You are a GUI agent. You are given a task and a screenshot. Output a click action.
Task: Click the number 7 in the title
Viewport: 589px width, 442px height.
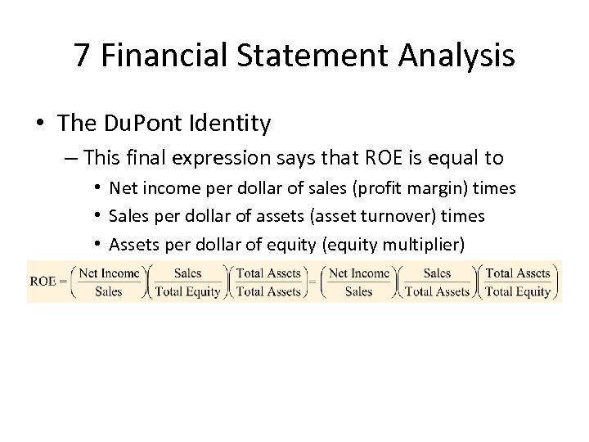82,55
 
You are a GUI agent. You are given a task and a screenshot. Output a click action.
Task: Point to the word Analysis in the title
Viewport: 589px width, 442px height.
452,55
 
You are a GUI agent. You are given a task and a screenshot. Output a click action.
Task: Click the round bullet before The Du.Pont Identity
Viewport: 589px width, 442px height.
39,124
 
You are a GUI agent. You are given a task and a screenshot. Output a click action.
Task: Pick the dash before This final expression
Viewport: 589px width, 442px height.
71,157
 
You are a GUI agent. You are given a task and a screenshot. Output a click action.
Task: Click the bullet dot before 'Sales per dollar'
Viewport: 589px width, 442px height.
97,216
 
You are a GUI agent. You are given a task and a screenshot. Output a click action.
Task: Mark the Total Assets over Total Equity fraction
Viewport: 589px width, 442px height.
517,281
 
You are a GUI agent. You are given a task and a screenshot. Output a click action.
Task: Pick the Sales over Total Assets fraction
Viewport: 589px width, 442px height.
438,281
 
